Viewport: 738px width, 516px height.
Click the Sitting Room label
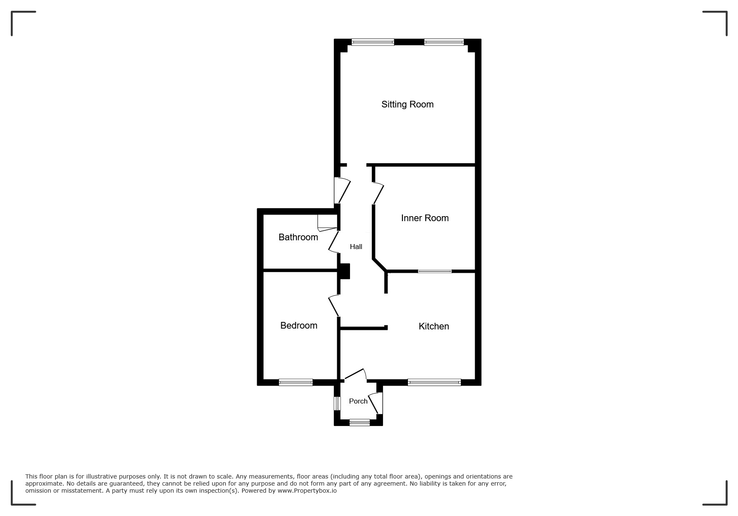[x=407, y=105]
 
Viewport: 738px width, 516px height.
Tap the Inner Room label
[x=425, y=218]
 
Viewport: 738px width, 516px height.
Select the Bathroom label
[x=298, y=237]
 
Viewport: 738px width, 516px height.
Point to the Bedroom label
[x=299, y=325]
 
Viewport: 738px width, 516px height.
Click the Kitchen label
[x=434, y=326]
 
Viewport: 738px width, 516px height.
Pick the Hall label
[x=356, y=247]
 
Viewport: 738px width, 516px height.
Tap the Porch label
[x=358, y=401]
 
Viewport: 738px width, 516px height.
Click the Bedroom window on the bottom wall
[x=295, y=382]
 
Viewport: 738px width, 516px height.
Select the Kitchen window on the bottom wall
[x=434, y=382]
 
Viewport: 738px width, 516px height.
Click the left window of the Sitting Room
[x=373, y=42]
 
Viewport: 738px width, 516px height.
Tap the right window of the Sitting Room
[x=444, y=42]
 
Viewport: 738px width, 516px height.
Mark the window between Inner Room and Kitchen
[x=435, y=271]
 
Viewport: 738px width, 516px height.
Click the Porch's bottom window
[x=360, y=422]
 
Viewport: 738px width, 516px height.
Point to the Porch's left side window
[x=337, y=403]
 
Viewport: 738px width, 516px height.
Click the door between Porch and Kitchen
[x=355, y=374]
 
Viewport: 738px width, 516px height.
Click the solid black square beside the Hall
[x=345, y=272]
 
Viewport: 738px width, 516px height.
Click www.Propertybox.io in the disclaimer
[x=307, y=491]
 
